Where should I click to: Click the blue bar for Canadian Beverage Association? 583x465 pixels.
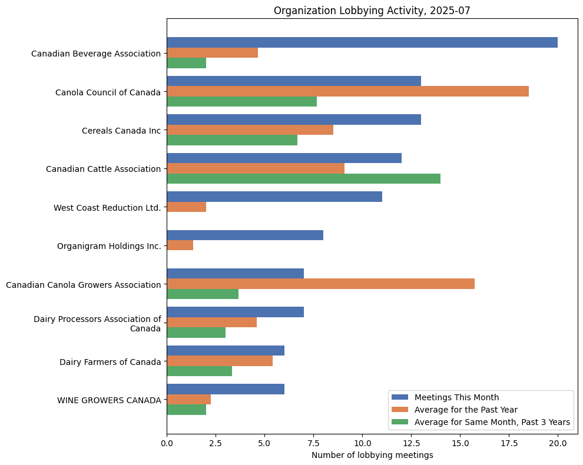(x=362, y=42)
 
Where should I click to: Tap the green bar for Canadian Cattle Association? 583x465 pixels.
(x=303, y=178)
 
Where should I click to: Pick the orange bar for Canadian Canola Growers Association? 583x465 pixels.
(x=320, y=284)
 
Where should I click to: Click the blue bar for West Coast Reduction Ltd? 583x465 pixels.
(x=274, y=197)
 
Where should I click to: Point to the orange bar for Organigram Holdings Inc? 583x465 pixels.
(x=180, y=245)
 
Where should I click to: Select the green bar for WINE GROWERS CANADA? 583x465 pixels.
(x=187, y=410)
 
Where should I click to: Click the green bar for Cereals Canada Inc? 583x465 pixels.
(x=232, y=140)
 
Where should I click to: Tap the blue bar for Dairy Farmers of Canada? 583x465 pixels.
(x=226, y=350)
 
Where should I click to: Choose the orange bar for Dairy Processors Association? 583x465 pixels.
(x=212, y=322)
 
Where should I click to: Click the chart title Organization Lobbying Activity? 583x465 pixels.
(x=372, y=11)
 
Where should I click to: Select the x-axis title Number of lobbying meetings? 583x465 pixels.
(x=372, y=455)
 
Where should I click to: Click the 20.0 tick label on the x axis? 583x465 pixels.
(x=558, y=443)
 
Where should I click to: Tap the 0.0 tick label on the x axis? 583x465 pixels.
(x=167, y=443)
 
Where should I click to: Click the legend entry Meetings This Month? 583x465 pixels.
(x=456, y=397)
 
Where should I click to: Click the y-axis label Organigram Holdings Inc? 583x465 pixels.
(x=109, y=246)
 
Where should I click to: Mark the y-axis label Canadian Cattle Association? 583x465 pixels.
(x=103, y=169)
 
